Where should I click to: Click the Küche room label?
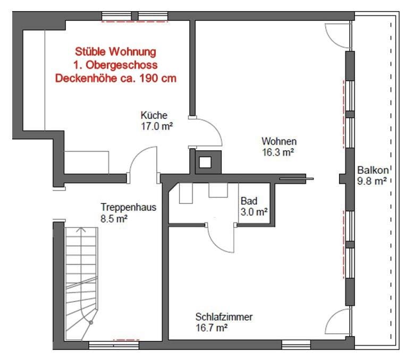tap(154, 115)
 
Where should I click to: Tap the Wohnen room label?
tap(279, 141)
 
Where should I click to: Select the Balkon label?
tap(373, 170)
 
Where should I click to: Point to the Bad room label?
tap(249, 202)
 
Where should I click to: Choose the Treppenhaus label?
tap(129, 208)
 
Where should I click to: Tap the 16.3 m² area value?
tap(278, 152)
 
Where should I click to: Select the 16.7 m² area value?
tap(212, 328)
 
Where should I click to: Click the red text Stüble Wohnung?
tap(115, 52)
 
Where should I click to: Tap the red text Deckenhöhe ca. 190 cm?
tap(115, 78)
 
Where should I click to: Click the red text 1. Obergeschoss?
tap(115, 65)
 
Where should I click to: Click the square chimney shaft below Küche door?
tap(205, 161)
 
